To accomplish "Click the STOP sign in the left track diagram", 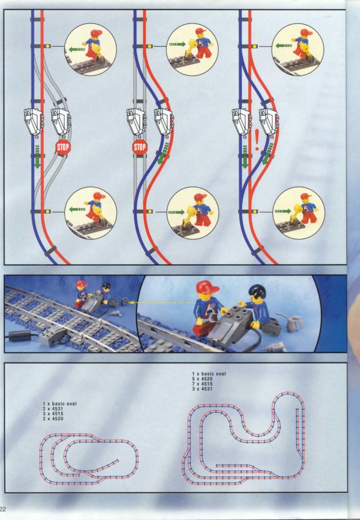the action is pos(63,147).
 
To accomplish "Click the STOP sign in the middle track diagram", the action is pos(139,147).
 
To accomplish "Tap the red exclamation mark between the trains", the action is pos(256,140).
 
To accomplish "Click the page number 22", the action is pos(3,509).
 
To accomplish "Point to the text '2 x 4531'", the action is pos(53,409).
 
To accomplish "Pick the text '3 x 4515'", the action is pos(53,414).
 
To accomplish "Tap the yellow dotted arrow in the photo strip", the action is pos(160,302).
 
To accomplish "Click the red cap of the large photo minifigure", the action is pos(207,287).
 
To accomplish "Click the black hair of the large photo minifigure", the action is pos(257,291).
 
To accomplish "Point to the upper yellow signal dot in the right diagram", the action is pos(255,46).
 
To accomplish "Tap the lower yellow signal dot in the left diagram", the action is pos(48,211).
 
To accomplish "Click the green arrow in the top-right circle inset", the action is pos(283,45).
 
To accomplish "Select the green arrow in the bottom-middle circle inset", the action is pos(176,212).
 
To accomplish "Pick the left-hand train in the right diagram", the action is pos(241,121).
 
